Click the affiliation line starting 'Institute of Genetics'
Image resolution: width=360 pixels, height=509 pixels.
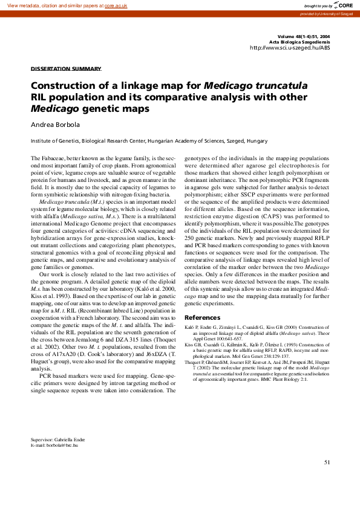[x=149, y=141]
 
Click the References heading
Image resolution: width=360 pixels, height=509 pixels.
[x=202, y=318]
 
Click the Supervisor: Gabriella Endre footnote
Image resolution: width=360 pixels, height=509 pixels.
[x=59, y=439]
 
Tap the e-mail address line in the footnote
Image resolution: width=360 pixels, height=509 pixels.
[x=54, y=445]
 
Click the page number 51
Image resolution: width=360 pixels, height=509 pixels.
[x=326, y=462]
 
